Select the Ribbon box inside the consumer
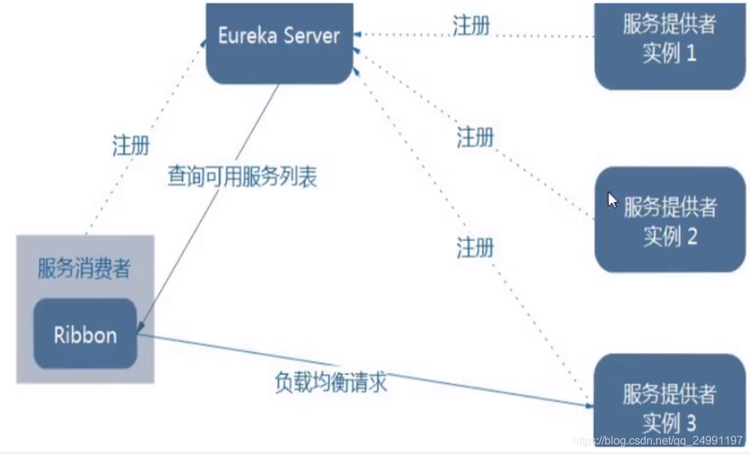tap(85, 334)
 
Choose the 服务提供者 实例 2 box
tap(670, 220)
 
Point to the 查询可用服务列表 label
tap(242, 177)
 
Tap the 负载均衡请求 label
tap(330, 383)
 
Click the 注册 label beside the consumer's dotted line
tap(131, 146)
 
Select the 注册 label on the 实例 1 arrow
tap(471, 26)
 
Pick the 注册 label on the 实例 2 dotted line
tap(475, 137)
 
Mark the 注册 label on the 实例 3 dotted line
tap(475, 247)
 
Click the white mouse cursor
tap(612, 200)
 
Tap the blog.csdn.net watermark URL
tap(658, 441)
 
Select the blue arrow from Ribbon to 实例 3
tap(364, 371)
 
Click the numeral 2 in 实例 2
tap(691, 236)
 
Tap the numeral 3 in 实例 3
tap(691, 422)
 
